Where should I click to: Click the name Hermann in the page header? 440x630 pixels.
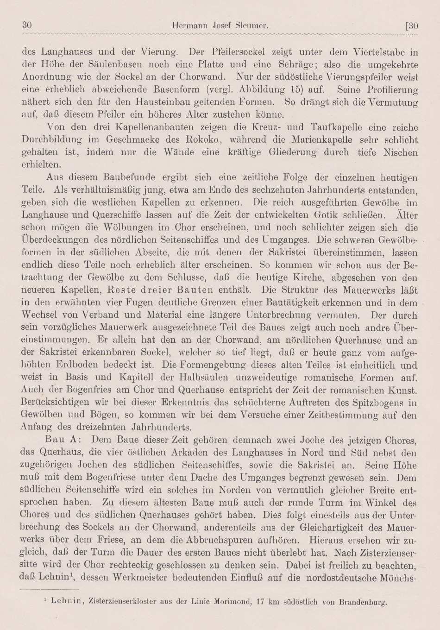188,26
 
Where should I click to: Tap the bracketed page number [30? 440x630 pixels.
411,26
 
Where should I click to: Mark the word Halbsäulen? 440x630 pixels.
179,378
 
